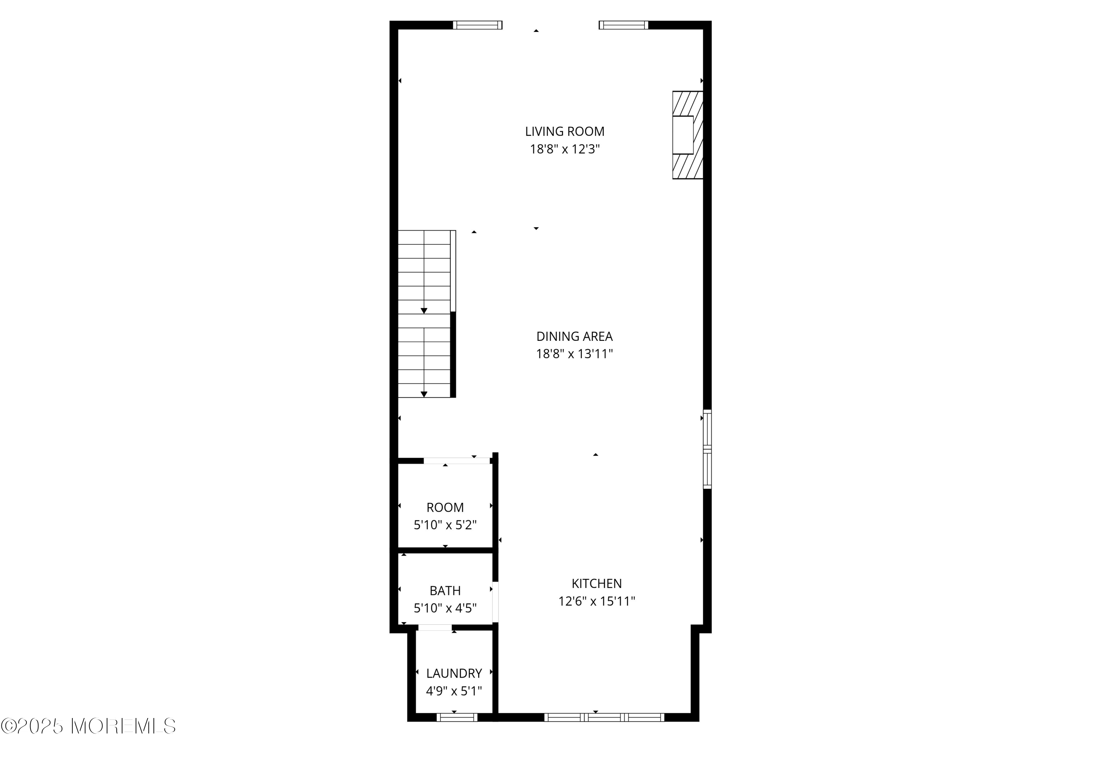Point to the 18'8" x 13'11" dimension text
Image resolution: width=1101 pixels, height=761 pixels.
575,354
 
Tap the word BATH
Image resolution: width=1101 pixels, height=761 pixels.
445,591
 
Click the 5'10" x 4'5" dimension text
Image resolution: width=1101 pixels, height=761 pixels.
445,609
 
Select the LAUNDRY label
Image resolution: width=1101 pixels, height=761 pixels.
454,673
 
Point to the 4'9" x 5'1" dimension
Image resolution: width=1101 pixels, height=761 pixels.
454,691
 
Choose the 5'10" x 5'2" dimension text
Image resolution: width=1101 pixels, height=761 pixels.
445,525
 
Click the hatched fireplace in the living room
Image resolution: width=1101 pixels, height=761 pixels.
687,135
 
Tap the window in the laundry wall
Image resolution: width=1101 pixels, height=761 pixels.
457,731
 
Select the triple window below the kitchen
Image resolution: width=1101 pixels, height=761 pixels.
604,731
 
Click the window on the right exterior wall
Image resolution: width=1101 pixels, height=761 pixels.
708,449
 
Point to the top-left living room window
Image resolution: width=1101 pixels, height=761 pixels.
477,25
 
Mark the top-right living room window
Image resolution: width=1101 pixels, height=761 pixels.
624,25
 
